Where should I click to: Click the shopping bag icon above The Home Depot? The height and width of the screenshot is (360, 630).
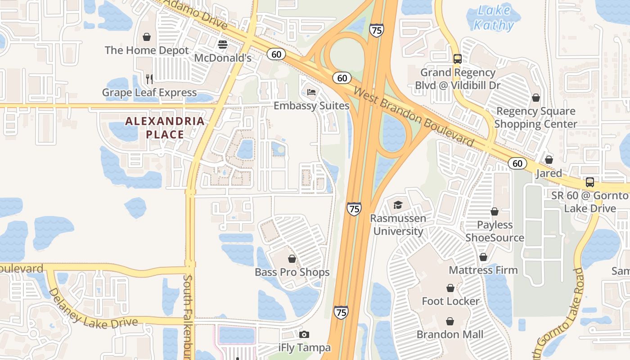147,37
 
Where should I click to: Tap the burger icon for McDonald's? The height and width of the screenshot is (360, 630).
223,44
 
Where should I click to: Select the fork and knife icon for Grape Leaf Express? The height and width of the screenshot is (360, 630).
149,79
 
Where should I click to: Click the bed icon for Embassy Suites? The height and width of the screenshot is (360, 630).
311,92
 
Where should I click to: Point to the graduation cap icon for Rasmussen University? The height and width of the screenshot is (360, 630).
398,205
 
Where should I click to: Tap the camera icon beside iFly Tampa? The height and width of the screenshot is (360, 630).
304,334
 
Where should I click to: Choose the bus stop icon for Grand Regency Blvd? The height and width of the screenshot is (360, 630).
457,58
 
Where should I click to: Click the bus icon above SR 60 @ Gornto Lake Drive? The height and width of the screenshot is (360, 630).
589,182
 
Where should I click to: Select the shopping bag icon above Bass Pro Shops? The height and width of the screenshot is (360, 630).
292,259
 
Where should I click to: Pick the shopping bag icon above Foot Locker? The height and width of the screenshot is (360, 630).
450,288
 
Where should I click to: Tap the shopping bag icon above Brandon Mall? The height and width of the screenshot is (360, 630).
450,321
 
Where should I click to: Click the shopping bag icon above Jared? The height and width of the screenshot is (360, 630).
549,160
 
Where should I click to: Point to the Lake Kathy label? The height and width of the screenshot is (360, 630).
494,18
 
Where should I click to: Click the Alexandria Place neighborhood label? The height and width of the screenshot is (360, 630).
165,128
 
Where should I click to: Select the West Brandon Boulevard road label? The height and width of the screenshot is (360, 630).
414,117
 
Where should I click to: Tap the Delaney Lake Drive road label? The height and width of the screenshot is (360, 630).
92,310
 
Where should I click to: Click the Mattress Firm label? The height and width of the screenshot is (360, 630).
483,270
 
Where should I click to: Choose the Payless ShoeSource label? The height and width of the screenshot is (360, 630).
495,231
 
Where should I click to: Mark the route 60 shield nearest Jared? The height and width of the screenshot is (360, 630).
517,163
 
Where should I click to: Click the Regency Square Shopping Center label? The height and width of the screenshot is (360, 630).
535,117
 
